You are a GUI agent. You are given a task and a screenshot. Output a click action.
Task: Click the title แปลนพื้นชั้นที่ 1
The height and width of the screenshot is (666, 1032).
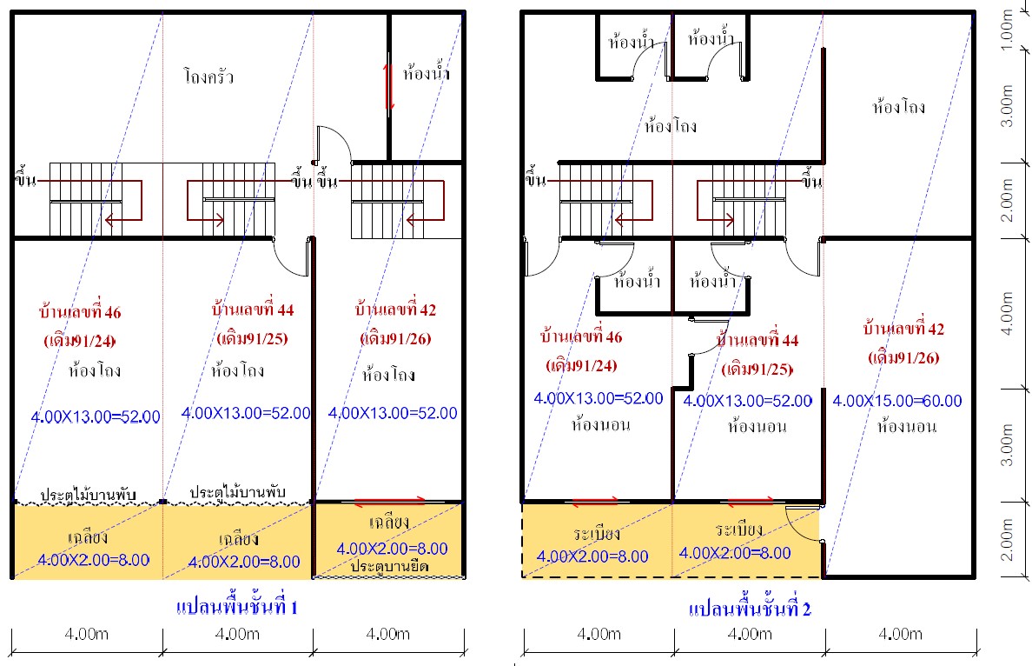click(x=237, y=606)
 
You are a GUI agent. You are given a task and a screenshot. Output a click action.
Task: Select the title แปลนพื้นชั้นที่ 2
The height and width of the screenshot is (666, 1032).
click(x=750, y=608)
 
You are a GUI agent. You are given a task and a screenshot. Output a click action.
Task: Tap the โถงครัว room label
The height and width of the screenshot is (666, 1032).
click(x=208, y=77)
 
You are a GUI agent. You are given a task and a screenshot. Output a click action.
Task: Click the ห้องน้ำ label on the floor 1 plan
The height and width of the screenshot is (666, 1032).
click(x=427, y=72)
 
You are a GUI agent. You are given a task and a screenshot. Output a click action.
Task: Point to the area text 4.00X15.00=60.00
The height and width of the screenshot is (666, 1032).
click(x=897, y=401)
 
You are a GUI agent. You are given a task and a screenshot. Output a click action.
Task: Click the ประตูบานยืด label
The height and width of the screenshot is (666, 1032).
click(x=390, y=566)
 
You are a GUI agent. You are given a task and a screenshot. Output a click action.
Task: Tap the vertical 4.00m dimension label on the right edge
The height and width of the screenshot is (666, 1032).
click(x=1007, y=314)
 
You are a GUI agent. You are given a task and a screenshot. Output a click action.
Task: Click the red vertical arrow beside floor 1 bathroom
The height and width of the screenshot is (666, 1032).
click(x=388, y=86)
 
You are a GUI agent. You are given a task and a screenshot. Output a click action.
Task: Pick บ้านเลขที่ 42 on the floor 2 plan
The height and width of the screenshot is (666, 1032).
click(x=903, y=328)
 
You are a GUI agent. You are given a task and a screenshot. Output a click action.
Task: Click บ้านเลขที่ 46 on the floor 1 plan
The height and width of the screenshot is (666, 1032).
click(x=80, y=311)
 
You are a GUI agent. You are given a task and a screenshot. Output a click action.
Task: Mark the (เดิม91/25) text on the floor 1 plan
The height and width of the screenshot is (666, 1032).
click(x=253, y=338)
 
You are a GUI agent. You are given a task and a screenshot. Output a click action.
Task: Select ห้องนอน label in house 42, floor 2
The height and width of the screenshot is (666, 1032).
click(x=906, y=426)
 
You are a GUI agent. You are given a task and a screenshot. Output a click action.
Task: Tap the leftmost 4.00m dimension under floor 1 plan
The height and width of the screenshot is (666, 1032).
click(x=86, y=634)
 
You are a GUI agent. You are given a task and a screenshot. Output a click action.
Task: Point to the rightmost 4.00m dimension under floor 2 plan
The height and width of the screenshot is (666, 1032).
click(x=900, y=634)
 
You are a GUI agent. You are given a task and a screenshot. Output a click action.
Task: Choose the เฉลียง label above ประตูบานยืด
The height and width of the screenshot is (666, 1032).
click(x=390, y=523)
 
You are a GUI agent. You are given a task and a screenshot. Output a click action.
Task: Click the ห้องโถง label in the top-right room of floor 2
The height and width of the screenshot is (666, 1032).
click(x=899, y=107)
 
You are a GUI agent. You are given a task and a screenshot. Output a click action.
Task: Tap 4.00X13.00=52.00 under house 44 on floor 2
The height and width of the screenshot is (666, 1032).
click(x=748, y=401)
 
